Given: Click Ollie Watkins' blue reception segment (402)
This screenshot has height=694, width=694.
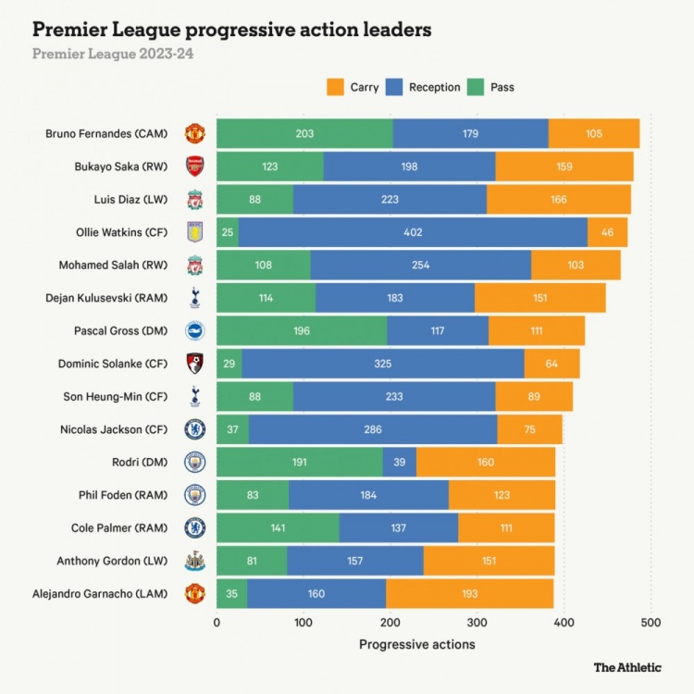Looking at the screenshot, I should click(413, 232).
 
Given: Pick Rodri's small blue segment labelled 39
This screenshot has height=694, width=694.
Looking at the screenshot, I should click(400, 462).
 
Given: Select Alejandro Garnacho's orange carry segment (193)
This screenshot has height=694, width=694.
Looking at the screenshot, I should click(469, 593).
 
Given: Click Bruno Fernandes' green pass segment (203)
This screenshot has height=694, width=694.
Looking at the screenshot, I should click(304, 133).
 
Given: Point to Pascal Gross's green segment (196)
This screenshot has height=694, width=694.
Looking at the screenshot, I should click(302, 330).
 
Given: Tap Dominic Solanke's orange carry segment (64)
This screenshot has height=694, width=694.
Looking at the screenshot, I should click(551, 364).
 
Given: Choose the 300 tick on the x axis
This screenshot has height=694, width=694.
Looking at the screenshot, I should click(477, 623).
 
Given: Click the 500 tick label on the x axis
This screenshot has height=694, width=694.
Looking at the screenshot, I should click(651, 623).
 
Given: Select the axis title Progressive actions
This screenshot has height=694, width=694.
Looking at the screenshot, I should click(416, 644).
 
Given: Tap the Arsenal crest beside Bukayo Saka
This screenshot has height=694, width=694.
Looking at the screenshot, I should click(194, 167).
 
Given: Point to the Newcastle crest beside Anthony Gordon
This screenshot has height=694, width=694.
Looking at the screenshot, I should click(194, 561).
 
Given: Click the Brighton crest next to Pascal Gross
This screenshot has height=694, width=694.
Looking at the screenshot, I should click(194, 330).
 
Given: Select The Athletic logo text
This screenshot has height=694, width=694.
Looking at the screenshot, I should click(627, 666).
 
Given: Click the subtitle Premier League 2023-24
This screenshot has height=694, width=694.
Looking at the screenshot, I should click(113, 54).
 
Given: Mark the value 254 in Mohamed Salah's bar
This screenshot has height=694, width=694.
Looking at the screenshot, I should click(420, 265).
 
